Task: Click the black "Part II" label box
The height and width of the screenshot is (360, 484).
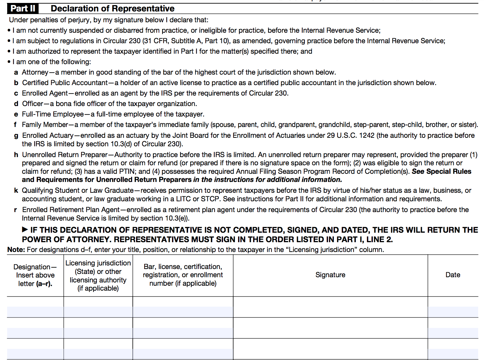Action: coord(23,9)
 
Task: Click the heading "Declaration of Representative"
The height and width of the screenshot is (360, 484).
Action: coord(112,9)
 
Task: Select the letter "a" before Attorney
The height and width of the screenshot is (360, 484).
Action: coord(16,73)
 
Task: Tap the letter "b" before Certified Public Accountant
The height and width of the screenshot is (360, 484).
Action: coord(16,83)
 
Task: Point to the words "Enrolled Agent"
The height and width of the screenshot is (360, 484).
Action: coord(45,93)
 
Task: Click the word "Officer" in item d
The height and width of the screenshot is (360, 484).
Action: coord(32,104)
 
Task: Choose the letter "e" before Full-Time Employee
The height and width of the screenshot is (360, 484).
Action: coord(16,115)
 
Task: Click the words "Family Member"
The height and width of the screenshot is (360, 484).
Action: coord(45,125)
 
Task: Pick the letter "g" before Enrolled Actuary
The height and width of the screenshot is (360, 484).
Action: coord(16,136)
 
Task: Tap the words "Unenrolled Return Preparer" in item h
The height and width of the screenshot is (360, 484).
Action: coord(65,155)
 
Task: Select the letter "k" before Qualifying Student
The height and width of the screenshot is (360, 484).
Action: coord(16,190)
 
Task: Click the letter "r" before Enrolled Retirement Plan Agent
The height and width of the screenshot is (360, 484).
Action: coord(16,210)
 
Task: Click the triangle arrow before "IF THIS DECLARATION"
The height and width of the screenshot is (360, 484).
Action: coord(25,230)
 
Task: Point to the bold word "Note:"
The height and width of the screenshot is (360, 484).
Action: coord(16,250)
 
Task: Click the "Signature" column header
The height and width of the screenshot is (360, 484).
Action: coord(330,275)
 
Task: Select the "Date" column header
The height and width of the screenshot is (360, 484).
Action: coord(453,275)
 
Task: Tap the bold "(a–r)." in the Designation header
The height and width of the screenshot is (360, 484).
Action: coord(44,284)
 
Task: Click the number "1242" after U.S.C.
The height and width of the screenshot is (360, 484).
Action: coord(367,135)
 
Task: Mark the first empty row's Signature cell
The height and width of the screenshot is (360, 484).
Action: coord(330,307)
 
